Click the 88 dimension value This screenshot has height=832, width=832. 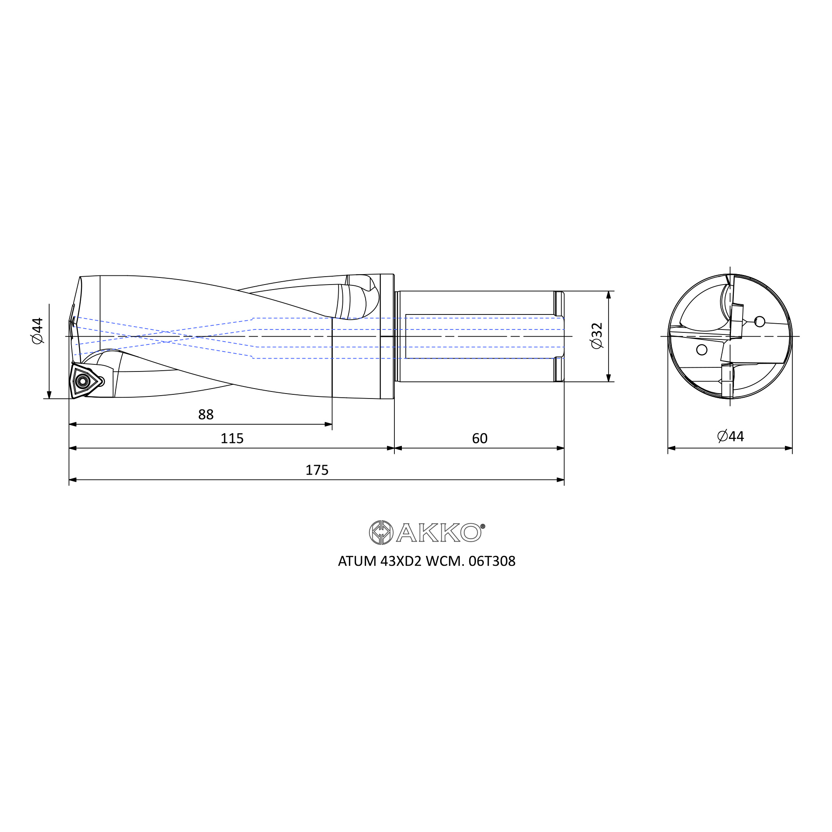[206, 414]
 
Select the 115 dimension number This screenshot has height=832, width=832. [232, 438]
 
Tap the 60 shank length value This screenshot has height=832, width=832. [480, 438]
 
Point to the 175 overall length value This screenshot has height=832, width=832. [317, 470]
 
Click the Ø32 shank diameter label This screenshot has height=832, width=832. [597, 336]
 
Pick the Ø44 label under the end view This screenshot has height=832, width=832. [731, 436]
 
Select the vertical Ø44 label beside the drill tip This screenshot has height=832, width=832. [37, 331]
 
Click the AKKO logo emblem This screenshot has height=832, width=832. [381, 532]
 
